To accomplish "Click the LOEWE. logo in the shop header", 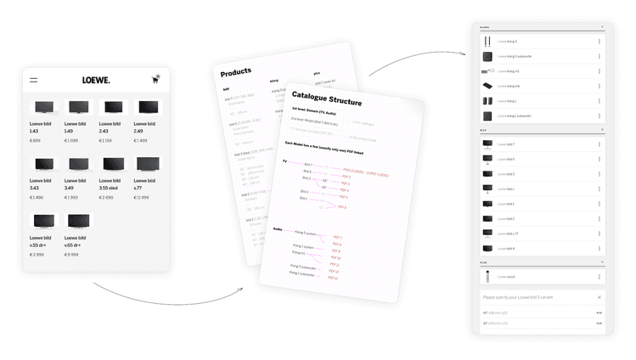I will click(x=96, y=81).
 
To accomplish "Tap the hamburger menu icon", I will click(x=34, y=81).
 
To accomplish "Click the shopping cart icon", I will click(x=155, y=80).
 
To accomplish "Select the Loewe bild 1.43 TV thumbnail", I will click(x=43, y=107).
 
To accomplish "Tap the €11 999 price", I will click(x=142, y=197).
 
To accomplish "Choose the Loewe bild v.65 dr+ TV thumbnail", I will click(x=78, y=220).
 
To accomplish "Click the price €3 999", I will click(x=37, y=254).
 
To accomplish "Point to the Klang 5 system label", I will click(x=305, y=233).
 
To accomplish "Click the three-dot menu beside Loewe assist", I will click(x=599, y=276).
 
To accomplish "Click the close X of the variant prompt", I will click(x=599, y=298).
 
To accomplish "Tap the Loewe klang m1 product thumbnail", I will click(x=487, y=70).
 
